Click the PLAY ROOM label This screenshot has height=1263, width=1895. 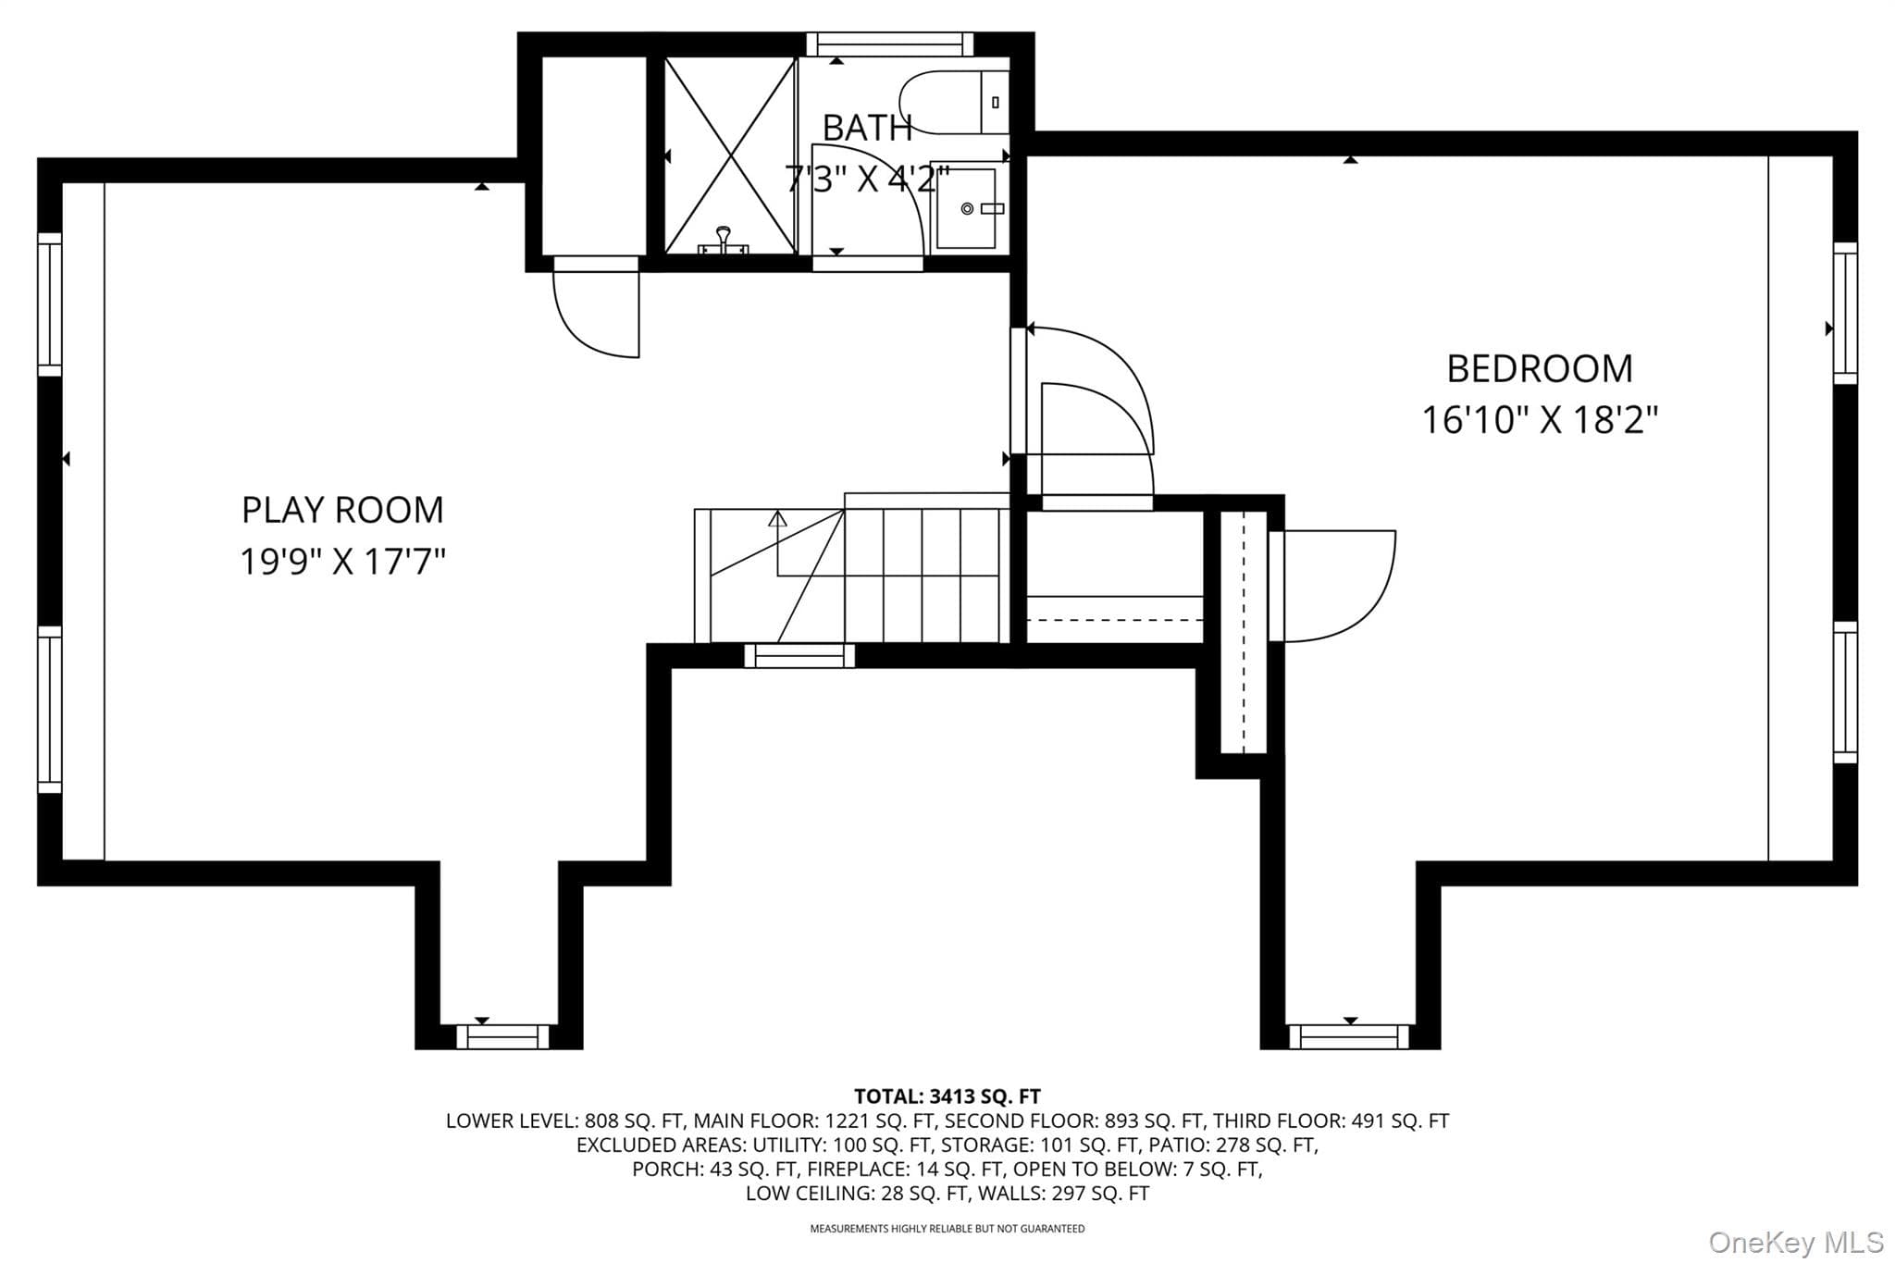pyautogui.click(x=342, y=510)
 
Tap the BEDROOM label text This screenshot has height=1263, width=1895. pyautogui.click(x=1540, y=369)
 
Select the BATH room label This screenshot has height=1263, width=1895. pyautogui.click(x=867, y=129)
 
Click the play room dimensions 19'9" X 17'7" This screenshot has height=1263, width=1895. pyautogui.click(x=342, y=562)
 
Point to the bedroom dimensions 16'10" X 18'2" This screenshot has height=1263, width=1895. pyautogui.click(x=1540, y=420)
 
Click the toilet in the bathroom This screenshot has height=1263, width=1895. pyautogui.click(x=953, y=102)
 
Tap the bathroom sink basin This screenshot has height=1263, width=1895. pyautogui.click(x=966, y=208)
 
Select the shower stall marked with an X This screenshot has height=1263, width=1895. pyautogui.click(x=731, y=155)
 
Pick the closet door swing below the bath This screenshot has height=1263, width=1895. pyautogui.click(x=596, y=311)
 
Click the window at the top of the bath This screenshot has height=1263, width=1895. pyautogui.click(x=889, y=43)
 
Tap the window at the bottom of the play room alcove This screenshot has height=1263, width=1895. pyautogui.click(x=502, y=1036)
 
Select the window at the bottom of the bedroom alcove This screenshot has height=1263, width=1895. pyautogui.click(x=1349, y=1036)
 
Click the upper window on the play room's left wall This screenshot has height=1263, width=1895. pyautogui.click(x=49, y=304)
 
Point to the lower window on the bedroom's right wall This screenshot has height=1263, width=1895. pyautogui.click(x=1845, y=692)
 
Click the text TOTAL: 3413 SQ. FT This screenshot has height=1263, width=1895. pyautogui.click(x=947, y=1096)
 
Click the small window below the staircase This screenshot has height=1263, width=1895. pyautogui.click(x=799, y=656)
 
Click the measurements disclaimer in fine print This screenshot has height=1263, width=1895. pyautogui.click(x=947, y=1229)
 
